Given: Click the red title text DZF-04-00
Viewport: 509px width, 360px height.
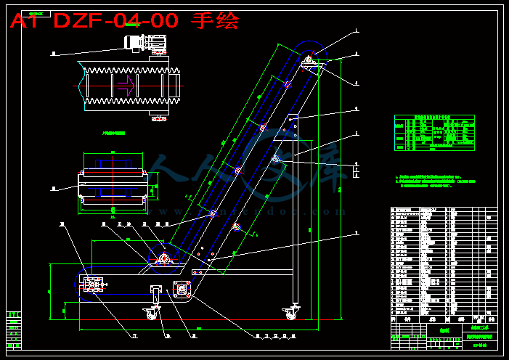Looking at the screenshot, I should [115, 20].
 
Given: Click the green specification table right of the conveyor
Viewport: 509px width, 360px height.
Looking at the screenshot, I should [434, 132].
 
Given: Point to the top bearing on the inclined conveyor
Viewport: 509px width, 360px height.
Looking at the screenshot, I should [309, 61].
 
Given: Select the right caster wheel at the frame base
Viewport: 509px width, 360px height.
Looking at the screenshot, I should [290, 313].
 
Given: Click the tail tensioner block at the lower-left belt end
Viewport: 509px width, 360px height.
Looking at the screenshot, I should [94, 285].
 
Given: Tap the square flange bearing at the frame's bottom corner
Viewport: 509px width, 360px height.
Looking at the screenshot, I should [181, 289].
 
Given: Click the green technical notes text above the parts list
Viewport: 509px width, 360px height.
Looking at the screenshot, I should [434, 180].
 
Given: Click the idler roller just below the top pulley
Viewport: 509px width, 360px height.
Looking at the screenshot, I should [288, 84].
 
